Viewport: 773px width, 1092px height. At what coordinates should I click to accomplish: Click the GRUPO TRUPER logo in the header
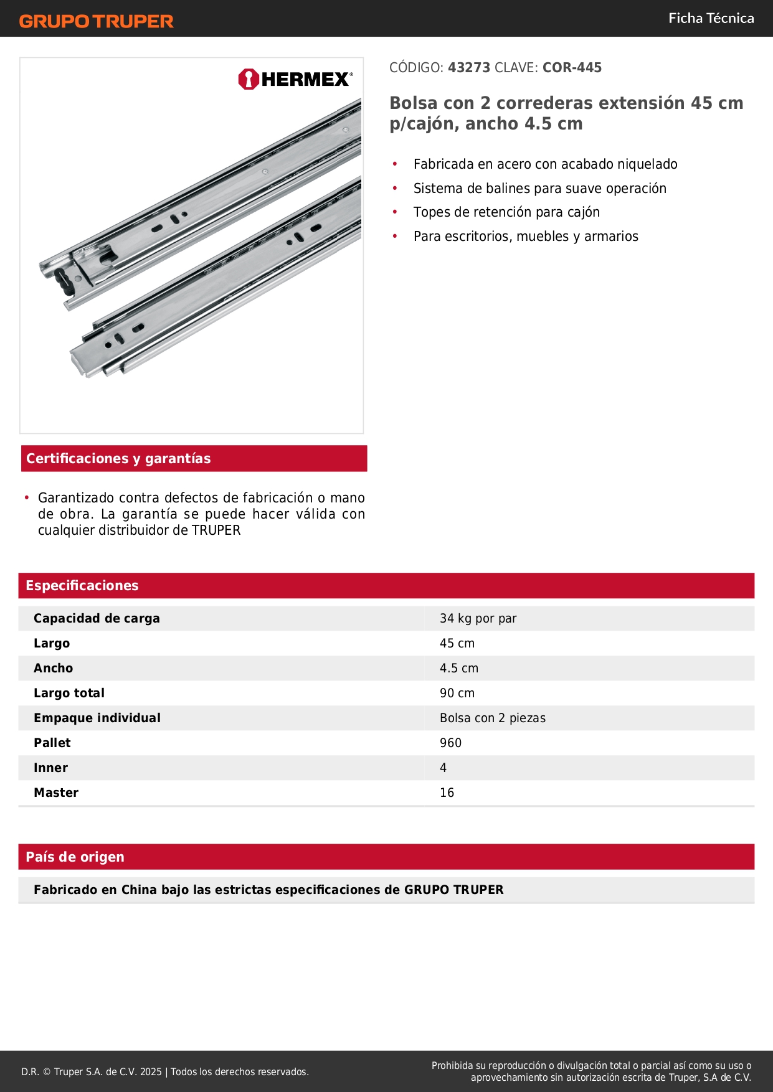[96, 21]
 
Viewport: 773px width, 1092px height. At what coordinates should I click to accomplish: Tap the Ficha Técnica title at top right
[711, 19]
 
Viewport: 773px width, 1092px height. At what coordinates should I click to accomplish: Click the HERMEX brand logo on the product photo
[295, 80]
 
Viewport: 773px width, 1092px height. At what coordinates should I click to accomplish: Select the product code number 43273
[469, 68]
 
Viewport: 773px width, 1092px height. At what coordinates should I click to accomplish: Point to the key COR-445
[572, 68]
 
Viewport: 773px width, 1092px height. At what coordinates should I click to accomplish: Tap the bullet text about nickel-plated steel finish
[545, 164]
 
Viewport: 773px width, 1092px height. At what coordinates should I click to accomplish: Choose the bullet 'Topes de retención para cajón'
[506, 212]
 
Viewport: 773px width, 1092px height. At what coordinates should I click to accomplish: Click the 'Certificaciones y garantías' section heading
[118, 459]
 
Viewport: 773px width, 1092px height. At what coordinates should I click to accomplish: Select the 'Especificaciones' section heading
[82, 586]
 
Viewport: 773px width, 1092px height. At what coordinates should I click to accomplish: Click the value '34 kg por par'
[478, 619]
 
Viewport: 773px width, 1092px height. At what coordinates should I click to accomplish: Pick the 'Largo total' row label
[69, 694]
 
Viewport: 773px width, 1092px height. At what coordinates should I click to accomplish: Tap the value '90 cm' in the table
[457, 694]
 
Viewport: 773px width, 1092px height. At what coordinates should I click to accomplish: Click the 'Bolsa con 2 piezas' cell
[492, 718]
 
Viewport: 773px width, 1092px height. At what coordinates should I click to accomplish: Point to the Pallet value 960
[450, 743]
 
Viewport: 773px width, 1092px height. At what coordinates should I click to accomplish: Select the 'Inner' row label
[50, 768]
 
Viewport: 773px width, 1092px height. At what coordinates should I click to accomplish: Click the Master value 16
[447, 793]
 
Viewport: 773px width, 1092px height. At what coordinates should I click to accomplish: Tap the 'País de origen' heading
[75, 857]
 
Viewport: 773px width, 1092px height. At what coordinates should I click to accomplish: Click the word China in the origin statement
[139, 890]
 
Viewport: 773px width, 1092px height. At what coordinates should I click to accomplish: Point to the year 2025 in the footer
[151, 1072]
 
